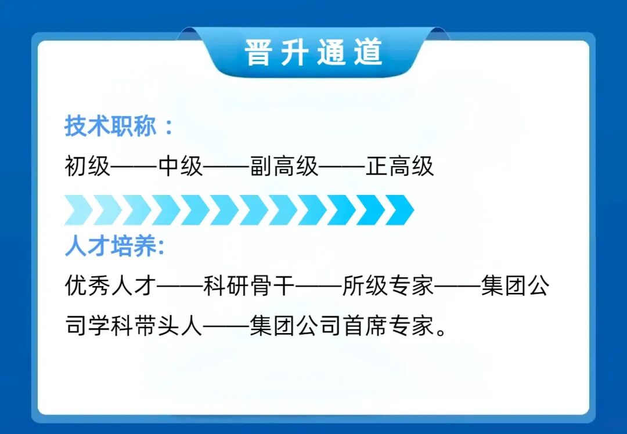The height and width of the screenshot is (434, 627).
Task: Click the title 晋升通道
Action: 313,53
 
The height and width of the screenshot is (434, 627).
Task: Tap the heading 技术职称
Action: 110,126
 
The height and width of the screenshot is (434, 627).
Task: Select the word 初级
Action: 87,167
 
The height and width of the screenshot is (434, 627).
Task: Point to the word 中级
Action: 181,167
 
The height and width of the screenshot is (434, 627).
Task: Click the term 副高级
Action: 284,167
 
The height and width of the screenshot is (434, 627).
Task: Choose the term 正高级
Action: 400,167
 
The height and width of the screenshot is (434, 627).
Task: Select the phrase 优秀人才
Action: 110,287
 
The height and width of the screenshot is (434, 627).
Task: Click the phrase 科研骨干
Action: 250,287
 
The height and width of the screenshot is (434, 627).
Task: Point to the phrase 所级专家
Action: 388,287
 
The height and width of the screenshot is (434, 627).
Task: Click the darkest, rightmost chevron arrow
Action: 399,210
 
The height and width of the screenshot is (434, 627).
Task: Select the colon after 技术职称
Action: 169,128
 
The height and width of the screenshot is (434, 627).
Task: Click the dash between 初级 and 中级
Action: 134,167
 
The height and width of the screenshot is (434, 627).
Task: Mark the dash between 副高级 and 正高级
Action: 343,167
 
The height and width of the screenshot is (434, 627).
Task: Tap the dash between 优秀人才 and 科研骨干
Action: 181,287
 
